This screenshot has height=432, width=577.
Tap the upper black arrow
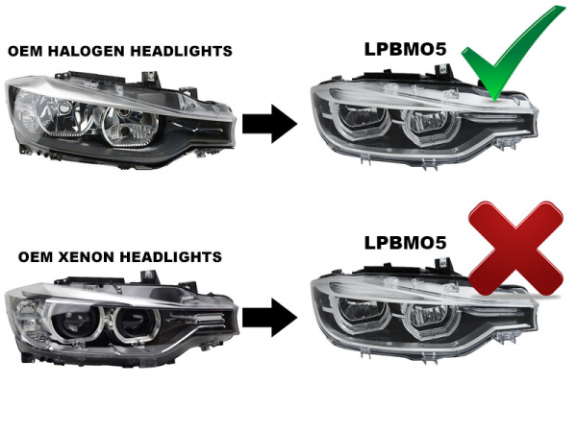tap(270, 123)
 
